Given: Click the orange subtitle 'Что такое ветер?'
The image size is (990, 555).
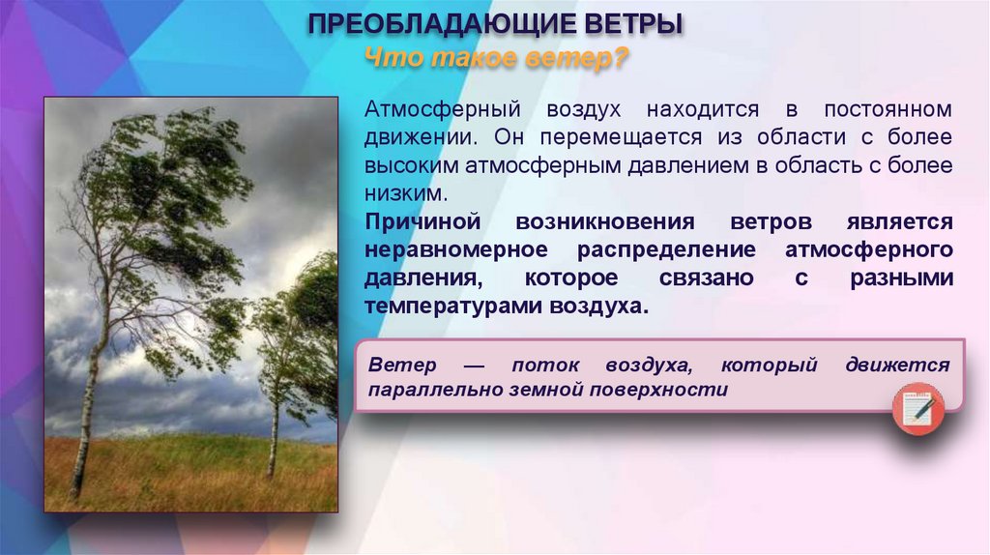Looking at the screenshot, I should pos(495,60).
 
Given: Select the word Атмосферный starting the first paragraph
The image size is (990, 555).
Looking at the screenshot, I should pos(430,109).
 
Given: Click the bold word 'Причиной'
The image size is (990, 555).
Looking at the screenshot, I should pos(420,221).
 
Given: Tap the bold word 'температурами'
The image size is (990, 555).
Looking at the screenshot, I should pos(443,306).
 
